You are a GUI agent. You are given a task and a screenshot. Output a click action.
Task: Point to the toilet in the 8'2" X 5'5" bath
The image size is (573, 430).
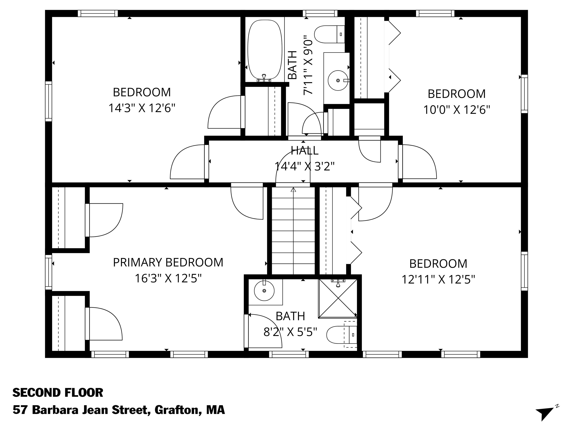point(342,335)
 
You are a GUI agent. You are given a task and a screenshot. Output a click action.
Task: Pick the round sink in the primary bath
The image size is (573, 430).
point(264,290)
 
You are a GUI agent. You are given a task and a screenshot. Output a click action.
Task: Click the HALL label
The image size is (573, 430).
point(305,151)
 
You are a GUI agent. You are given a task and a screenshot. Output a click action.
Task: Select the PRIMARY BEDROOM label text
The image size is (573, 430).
point(168,262)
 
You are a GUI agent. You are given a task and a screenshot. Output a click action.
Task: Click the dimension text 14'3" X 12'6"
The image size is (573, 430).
point(142,108)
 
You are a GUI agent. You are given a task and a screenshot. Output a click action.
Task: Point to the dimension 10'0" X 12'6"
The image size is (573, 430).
point(457,110)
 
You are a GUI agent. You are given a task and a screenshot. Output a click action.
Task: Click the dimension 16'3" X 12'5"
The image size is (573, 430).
point(168,278)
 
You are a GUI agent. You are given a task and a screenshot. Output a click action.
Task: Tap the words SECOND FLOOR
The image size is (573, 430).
point(58,393)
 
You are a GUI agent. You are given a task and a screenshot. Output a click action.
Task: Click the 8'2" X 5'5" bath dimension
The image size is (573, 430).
point(290,332)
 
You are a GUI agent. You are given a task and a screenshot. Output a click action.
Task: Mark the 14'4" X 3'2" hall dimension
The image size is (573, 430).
point(305,166)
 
